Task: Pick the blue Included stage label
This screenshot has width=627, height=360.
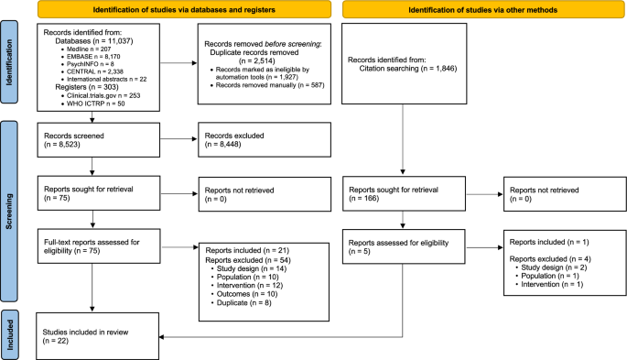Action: [11, 324]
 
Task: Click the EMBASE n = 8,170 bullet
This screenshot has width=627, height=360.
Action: [84, 61]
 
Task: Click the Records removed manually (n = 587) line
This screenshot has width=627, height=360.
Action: [270, 110]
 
